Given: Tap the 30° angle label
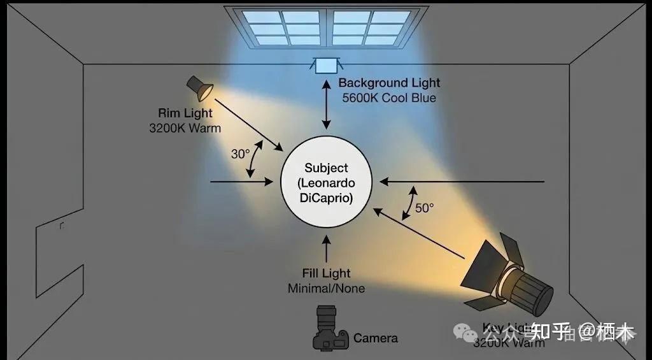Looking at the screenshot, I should (x=240, y=154).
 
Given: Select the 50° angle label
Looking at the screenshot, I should (x=424, y=208).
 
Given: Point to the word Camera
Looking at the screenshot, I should (x=376, y=338).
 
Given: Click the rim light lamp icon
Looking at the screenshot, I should (x=199, y=89).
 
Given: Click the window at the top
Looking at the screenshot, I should (x=326, y=26).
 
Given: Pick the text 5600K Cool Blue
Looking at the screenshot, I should (x=389, y=98).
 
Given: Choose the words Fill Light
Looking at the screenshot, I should (x=327, y=273).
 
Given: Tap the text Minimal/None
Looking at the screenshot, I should (x=327, y=288).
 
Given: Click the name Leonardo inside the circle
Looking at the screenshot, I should (x=327, y=183).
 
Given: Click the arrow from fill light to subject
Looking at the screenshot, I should (x=327, y=249).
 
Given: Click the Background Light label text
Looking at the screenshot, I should (x=389, y=83).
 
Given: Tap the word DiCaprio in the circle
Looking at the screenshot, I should (x=327, y=198).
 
